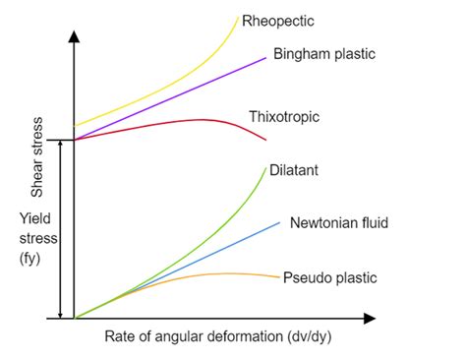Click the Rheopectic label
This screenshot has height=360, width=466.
(x=284, y=20)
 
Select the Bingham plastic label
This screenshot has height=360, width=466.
(x=323, y=52)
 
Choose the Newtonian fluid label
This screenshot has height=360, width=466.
(x=339, y=223)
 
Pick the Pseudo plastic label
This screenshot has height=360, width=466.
(x=329, y=277)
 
